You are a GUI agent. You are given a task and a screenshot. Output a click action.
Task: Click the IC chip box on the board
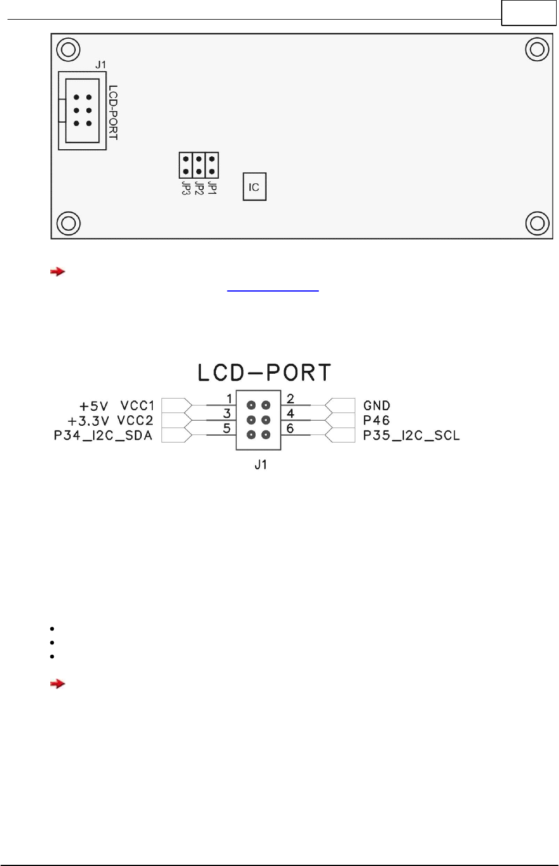click(254, 187)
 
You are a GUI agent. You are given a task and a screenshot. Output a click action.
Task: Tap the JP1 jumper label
click(212, 188)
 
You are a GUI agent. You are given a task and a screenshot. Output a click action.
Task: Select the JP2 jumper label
click(199, 189)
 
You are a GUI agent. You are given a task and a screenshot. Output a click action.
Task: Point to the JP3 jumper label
click(186, 189)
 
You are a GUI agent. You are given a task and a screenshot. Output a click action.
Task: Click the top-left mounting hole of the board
click(68, 50)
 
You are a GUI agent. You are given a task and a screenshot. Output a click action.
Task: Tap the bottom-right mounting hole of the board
click(536, 223)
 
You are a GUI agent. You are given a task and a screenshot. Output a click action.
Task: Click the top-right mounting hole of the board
click(536, 50)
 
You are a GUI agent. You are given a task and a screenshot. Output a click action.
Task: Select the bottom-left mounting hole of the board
click(68, 223)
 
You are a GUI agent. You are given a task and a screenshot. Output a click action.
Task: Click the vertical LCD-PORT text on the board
click(113, 112)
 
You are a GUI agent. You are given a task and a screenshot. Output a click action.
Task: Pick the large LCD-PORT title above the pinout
click(264, 373)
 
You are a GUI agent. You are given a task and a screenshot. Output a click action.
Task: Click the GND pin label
click(377, 406)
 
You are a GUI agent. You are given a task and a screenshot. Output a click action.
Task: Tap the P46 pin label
click(376, 421)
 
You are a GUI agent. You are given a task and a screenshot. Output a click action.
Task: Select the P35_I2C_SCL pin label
click(411, 436)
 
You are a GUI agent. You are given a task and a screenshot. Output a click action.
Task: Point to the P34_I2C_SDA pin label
click(103, 436)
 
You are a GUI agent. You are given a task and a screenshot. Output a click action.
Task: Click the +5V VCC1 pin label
click(117, 406)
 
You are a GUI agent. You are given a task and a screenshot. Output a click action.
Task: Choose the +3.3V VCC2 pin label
click(111, 421)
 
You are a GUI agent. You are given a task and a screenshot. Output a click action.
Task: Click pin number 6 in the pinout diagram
click(290, 429)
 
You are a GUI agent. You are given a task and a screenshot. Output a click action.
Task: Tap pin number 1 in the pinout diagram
click(229, 399)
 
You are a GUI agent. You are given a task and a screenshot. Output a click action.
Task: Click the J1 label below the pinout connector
click(261, 465)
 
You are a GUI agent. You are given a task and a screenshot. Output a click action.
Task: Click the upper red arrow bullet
click(57, 271)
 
